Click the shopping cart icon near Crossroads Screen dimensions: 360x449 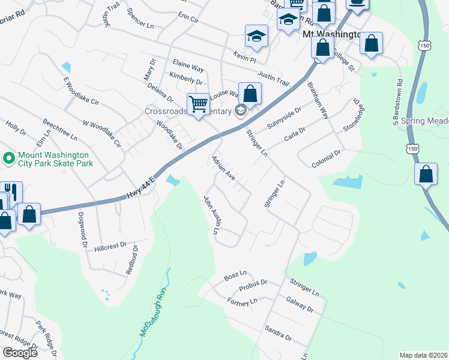(198, 103)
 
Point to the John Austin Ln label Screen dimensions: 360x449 (212, 214)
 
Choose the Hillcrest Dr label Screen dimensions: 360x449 (111, 246)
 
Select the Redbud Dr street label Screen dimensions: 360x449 (132, 259)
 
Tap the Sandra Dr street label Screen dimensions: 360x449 (278, 333)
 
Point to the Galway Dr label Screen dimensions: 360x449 (300, 304)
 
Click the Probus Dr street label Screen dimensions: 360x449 (253, 286)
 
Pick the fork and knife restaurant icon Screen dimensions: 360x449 (12, 192)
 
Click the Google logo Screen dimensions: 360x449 (20, 353)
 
